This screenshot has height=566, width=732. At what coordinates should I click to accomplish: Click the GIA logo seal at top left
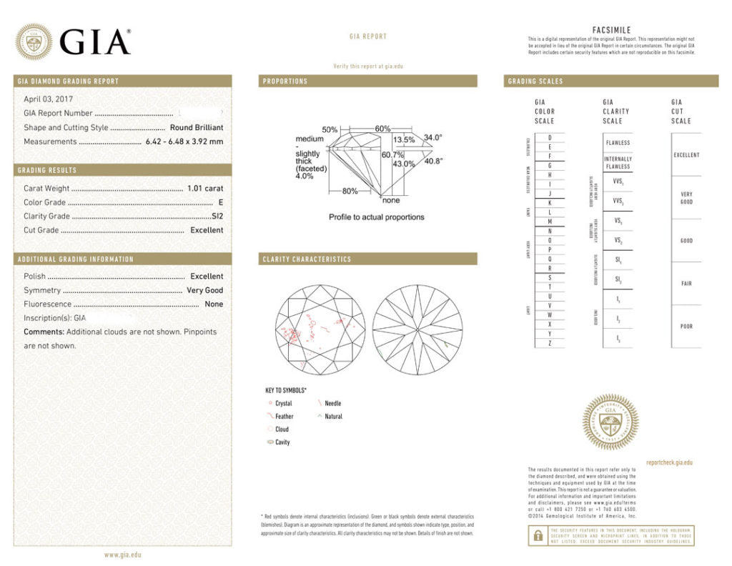tap(34, 41)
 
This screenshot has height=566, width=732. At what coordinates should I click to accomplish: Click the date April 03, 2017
tap(49, 99)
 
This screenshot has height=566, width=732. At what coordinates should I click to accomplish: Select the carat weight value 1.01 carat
tap(204, 189)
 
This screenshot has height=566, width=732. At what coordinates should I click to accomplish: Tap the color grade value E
tap(221, 202)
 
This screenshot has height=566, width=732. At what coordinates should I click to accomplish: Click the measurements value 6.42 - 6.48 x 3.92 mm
tap(184, 141)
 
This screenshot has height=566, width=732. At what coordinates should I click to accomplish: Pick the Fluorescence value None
tap(214, 304)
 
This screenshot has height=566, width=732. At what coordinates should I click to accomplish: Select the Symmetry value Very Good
tap(204, 290)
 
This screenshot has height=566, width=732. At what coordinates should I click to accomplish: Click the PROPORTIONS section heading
tap(285, 81)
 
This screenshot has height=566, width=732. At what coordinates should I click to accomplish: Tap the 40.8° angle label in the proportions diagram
tap(433, 161)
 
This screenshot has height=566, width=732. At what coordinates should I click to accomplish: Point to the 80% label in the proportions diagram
tap(350, 191)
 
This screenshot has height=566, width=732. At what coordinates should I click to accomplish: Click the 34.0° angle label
tap(433, 137)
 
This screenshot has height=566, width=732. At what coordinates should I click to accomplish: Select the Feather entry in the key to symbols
tap(284, 416)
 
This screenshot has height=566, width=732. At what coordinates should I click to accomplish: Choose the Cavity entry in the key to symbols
tap(282, 442)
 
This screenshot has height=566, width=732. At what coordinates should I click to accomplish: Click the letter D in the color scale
tap(550, 137)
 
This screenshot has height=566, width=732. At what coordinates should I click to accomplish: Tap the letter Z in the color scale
tap(550, 343)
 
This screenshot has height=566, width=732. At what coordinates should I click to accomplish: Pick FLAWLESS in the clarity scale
tap(618, 143)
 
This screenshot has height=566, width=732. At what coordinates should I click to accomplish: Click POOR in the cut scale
tap(686, 327)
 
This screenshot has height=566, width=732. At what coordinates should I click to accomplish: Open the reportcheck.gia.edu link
tap(669, 462)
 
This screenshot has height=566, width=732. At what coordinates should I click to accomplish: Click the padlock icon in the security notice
tap(536, 535)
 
